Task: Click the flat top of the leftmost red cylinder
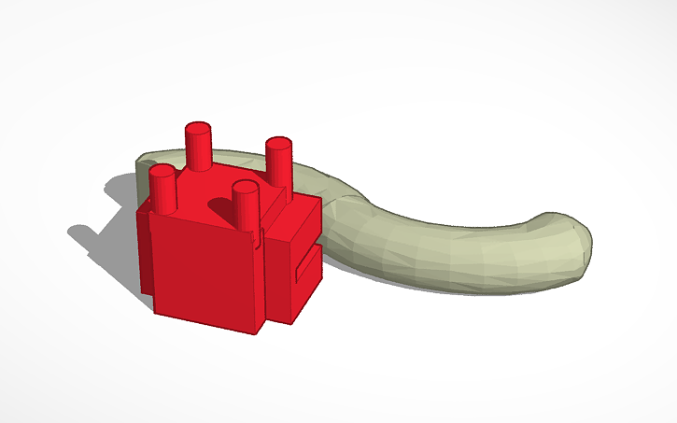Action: (x=163, y=171)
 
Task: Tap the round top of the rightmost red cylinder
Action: (x=279, y=143)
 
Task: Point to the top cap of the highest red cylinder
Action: (x=198, y=127)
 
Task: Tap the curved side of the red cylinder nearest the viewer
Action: (x=246, y=209)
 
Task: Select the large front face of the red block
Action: (x=204, y=271)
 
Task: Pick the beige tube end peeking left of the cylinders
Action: (x=149, y=163)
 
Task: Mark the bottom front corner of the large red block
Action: (x=257, y=331)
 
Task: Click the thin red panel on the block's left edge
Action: (x=145, y=252)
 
